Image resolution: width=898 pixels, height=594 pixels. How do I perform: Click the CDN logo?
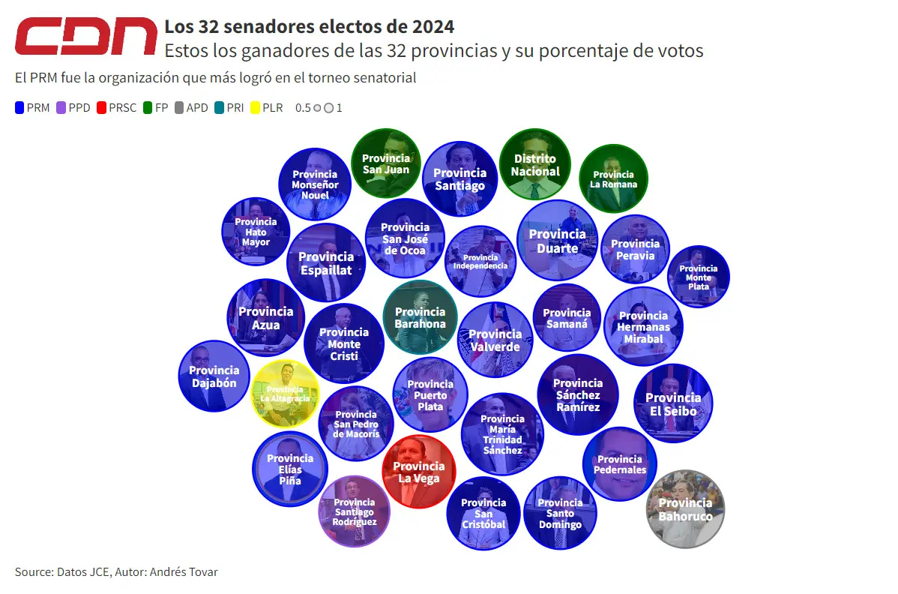86,37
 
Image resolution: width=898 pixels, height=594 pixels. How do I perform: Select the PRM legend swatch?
19,107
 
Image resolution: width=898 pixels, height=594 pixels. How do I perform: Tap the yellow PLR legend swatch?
255,107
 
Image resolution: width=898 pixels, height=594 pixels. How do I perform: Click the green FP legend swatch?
148,107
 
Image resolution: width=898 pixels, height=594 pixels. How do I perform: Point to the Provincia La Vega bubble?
418,472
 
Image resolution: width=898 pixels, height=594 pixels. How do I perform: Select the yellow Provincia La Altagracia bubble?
285,393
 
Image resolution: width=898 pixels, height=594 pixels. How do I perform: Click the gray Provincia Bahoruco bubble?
685,508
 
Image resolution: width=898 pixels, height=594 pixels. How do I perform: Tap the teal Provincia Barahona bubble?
420,316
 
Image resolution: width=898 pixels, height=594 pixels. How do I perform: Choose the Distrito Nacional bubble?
535,164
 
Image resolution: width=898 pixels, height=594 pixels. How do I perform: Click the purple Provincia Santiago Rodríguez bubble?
355,511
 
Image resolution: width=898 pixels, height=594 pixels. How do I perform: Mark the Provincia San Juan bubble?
386,163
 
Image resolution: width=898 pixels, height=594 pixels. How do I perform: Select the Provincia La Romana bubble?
613,178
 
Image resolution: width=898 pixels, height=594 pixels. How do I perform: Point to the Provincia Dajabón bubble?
214,376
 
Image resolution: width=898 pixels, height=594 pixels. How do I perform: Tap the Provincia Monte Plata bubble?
698,277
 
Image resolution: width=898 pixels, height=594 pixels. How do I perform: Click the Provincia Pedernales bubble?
620,463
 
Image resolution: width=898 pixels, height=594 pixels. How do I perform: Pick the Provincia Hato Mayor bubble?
256,231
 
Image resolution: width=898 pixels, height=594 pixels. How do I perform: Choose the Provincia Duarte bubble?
557,240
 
